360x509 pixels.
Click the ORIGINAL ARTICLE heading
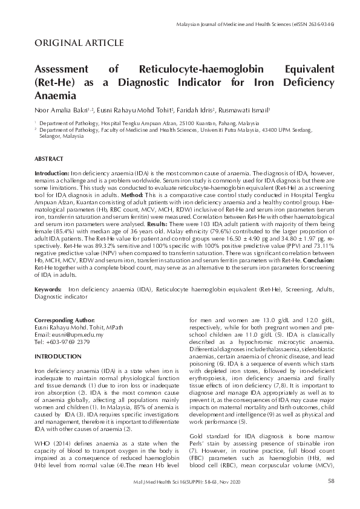click(80, 43)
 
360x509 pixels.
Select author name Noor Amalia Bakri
click(60, 111)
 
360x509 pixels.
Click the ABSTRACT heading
click(49, 158)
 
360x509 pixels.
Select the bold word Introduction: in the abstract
click(53, 173)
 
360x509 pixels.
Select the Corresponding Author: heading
click(65, 319)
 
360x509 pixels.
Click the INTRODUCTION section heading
click(59, 357)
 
